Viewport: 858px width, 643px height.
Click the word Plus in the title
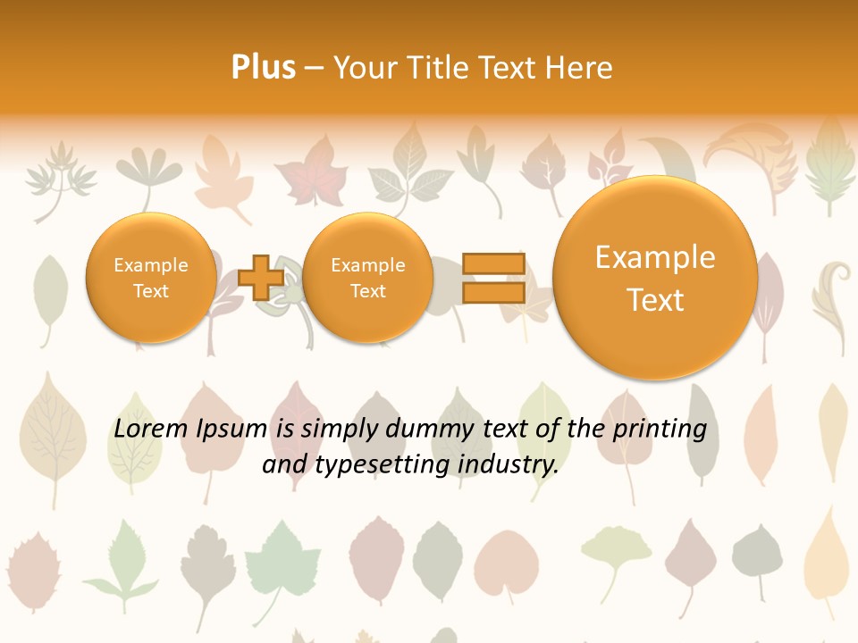pyautogui.click(x=263, y=68)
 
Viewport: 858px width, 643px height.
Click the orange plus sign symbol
pyautogui.click(x=261, y=277)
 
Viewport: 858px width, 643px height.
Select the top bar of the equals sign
pyautogui.click(x=492, y=263)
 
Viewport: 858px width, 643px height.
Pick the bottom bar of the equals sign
pyautogui.click(x=492, y=292)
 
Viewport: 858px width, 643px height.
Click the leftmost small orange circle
pyautogui.click(x=151, y=278)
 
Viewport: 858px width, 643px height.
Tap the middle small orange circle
pyautogui.click(x=367, y=278)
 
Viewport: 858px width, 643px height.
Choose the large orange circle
pyautogui.click(x=655, y=279)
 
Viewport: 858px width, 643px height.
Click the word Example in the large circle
pyautogui.click(x=655, y=257)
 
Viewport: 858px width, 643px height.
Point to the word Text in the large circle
pyautogui.click(x=655, y=300)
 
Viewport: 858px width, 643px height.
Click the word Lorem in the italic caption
pyautogui.click(x=151, y=429)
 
